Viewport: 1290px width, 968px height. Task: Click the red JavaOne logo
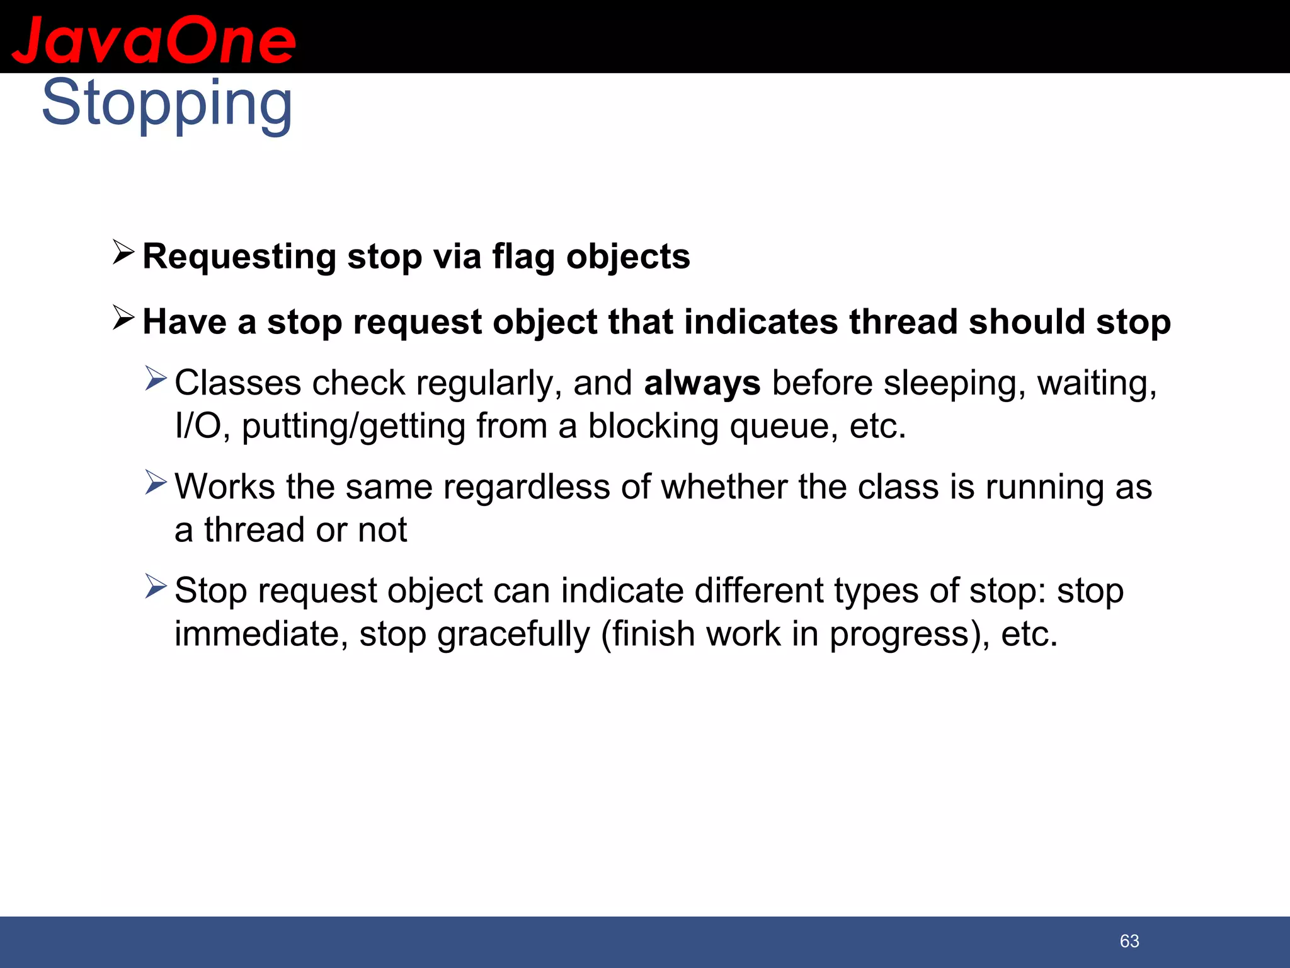154,40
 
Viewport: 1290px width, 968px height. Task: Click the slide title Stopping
167,104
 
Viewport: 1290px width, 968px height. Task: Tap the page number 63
1129,941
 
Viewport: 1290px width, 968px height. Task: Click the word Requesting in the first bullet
239,256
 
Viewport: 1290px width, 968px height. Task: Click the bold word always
702,383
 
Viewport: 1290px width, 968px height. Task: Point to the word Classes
237,383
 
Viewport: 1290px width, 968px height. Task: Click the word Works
225,487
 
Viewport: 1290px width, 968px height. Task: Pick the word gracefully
513,634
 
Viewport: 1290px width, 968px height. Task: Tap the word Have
184,322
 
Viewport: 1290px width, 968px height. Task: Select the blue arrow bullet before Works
156,482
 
